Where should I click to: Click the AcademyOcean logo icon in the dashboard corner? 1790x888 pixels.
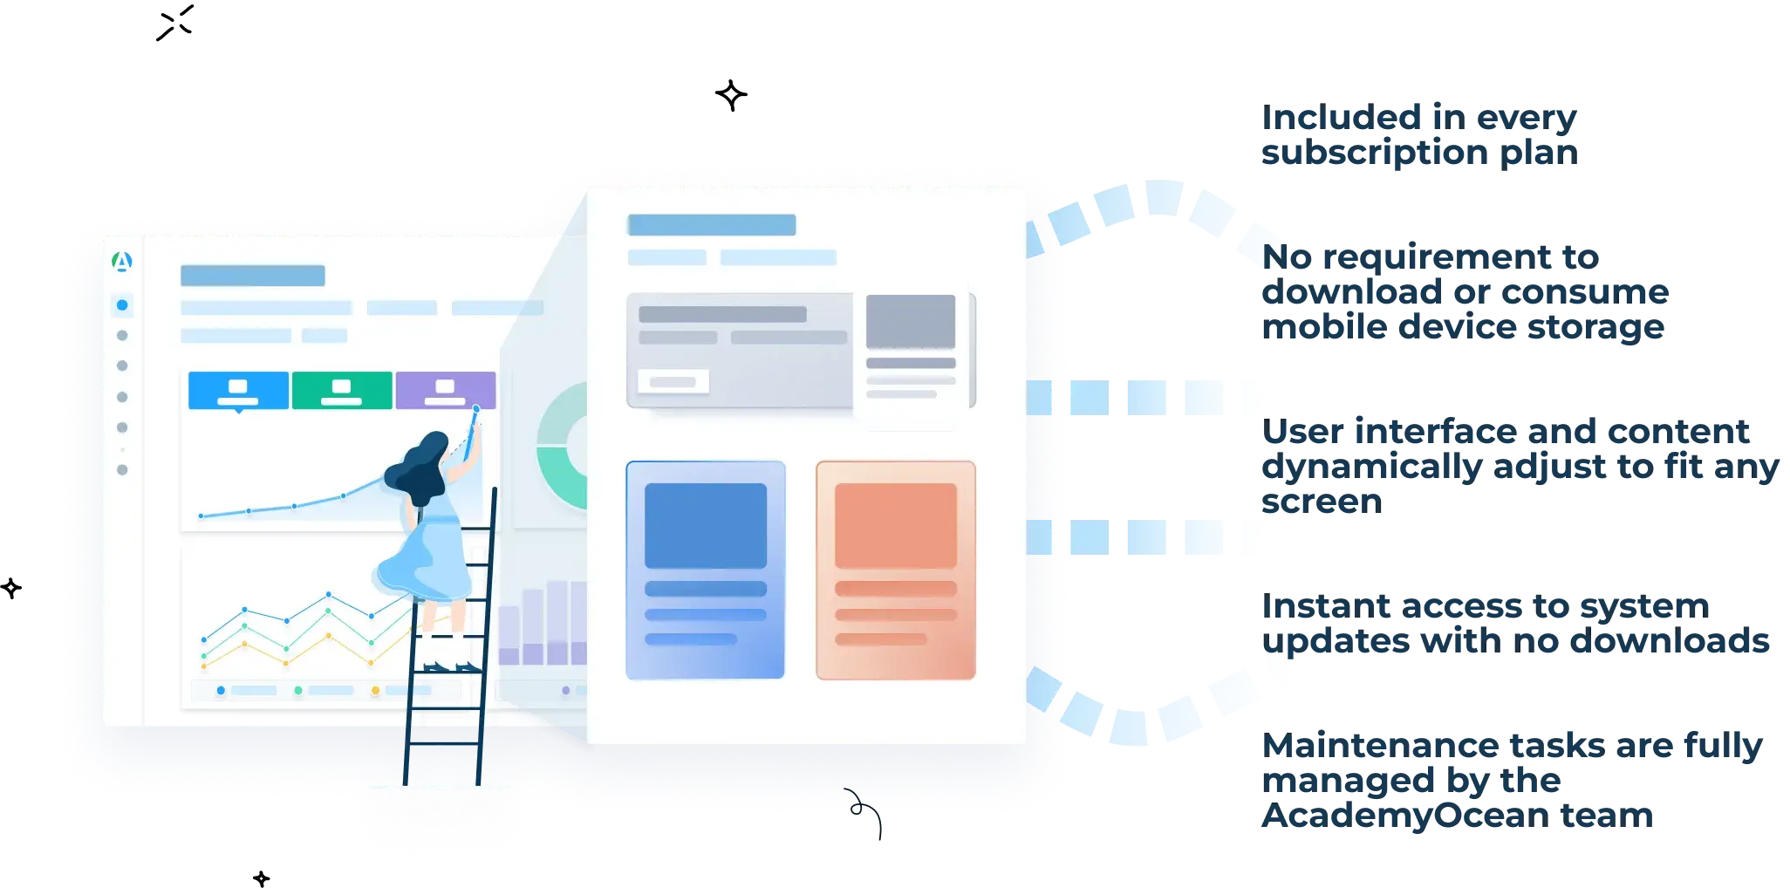tap(122, 261)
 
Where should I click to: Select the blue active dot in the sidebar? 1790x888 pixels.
tap(122, 305)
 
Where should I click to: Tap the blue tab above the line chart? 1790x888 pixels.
tap(238, 390)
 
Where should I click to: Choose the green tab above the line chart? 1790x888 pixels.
tap(341, 390)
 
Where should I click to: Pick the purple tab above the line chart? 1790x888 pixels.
tap(445, 390)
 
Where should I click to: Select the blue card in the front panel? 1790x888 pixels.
tap(705, 570)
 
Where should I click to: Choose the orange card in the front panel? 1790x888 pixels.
tap(895, 570)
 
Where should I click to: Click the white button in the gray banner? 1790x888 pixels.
tap(673, 381)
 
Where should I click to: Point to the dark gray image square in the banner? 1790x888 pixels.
tap(910, 321)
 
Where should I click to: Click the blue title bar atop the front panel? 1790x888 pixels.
tap(711, 225)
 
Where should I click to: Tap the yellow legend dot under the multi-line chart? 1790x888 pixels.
tap(375, 690)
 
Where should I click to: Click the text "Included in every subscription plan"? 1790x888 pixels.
tap(1418, 135)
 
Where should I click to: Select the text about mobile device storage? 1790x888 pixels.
tap(1465, 292)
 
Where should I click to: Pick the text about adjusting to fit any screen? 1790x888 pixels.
tap(1518, 467)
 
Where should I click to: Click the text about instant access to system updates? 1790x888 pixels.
tap(1513, 625)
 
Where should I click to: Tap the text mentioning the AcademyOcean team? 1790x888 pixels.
tap(1509, 781)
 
